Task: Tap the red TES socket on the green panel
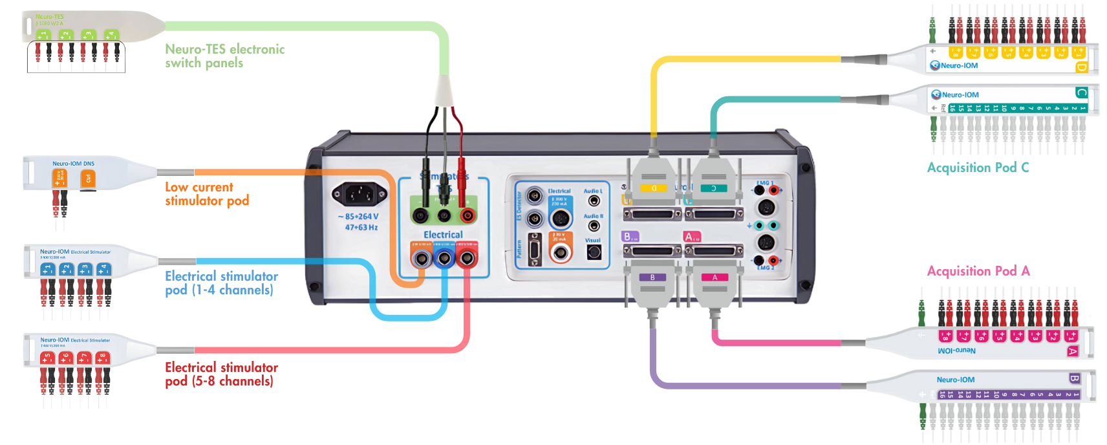coord(466,215)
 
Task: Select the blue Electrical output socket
coord(444,259)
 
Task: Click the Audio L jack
coord(594,201)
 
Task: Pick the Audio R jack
coord(594,226)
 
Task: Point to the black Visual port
coord(594,252)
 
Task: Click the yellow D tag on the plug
coord(653,188)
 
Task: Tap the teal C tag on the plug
coord(713,188)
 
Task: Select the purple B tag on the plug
coord(652,277)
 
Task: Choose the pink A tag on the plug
coord(715,277)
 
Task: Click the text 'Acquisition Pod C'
coord(978,168)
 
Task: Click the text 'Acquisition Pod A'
coord(978,271)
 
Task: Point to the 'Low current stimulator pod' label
coord(207,194)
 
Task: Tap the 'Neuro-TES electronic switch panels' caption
coord(224,56)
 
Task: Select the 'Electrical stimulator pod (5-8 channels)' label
coord(221,374)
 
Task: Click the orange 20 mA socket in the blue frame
coord(561,252)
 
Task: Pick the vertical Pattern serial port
coord(535,250)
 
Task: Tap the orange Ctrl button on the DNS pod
coord(89,178)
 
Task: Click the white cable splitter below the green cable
coord(444,91)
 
